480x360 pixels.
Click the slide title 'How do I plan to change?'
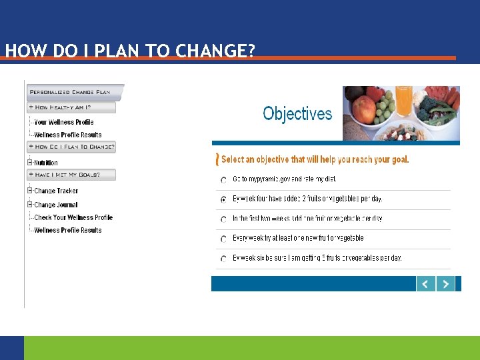pos(129,51)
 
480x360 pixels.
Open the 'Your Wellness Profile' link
pos(64,122)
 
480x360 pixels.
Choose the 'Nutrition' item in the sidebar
pos(46,163)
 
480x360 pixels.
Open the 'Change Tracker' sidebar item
pos(56,191)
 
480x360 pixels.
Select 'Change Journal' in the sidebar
pos(56,205)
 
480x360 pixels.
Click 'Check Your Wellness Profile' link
pos(73,217)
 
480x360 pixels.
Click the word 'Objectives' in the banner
pos(297,114)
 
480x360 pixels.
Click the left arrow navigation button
pos(425,283)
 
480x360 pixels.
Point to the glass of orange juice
pos(404,101)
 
